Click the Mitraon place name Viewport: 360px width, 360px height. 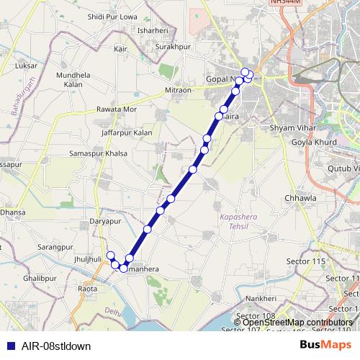[x=178, y=90]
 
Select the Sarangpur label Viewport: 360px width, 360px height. [x=58, y=246]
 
